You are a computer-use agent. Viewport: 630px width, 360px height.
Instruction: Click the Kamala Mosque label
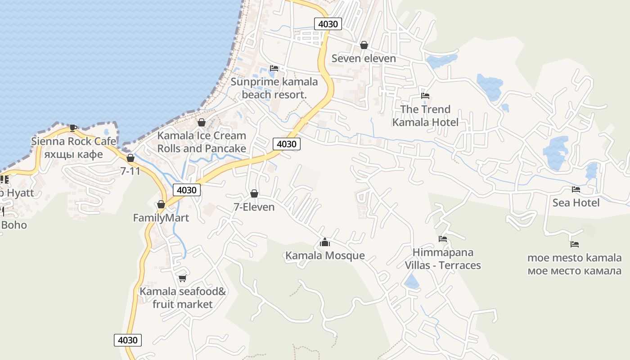[x=325, y=256]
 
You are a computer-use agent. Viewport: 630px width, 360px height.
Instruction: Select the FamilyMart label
[x=161, y=218]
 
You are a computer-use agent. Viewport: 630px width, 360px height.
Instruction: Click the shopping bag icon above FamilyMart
[x=161, y=205]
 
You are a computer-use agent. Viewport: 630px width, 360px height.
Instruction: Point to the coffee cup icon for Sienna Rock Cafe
[x=73, y=128]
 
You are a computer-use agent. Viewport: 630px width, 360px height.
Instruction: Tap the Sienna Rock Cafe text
[x=73, y=141]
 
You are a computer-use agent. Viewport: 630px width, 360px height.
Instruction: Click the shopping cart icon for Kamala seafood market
[x=182, y=278]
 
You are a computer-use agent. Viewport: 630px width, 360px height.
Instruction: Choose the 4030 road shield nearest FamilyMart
[x=187, y=190]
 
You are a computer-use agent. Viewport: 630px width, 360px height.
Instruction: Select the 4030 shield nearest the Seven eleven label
[x=328, y=24]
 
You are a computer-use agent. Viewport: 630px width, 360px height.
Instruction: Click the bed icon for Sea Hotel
[x=576, y=189]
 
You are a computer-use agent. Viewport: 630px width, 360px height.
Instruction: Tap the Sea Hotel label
[x=576, y=203]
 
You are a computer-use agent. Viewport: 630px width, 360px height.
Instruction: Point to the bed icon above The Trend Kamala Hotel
[x=425, y=96]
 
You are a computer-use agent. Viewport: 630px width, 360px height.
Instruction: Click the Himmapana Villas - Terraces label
[x=443, y=259]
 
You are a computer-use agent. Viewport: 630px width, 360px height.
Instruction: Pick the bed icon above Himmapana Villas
[x=443, y=239]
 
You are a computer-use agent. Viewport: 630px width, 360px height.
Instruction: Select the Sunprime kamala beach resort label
[x=274, y=88]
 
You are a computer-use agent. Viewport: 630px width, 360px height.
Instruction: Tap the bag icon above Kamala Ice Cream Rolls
[x=202, y=122]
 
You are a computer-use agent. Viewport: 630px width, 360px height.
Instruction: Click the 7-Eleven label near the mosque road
[x=254, y=207]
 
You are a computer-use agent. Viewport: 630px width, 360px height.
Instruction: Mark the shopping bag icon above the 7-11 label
[x=130, y=158]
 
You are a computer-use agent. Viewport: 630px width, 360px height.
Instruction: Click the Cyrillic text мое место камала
[x=575, y=271]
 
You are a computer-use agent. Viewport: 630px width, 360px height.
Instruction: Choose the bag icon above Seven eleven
[x=364, y=45]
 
